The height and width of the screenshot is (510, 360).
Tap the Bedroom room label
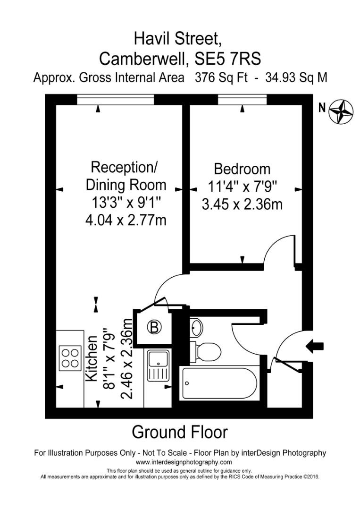point(242,169)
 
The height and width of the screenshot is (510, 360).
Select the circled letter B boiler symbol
point(154,327)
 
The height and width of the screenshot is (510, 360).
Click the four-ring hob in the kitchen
point(69,357)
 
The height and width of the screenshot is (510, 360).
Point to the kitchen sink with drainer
point(159,365)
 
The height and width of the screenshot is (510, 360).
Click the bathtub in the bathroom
point(220,383)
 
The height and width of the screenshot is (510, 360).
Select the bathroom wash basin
point(197,327)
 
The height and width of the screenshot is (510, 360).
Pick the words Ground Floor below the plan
point(179,432)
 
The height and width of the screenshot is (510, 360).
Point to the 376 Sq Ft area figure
point(221,77)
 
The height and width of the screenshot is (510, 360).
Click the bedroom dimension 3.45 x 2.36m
point(242,204)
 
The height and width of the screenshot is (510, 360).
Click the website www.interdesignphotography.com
point(184,462)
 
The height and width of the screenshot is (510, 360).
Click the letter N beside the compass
point(322,108)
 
